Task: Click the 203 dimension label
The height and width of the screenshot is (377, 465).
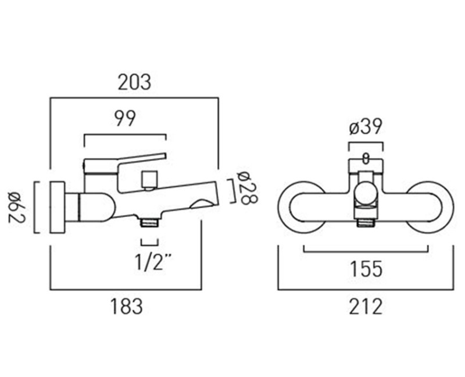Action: pyautogui.click(x=134, y=83)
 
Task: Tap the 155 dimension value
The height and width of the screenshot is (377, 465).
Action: pyautogui.click(x=366, y=269)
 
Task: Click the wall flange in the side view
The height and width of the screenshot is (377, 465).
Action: pyautogui.click(x=57, y=207)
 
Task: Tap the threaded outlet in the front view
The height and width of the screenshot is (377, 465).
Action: pyautogui.click(x=366, y=221)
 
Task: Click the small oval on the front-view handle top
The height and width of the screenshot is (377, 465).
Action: pyautogui.click(x=366, y=157)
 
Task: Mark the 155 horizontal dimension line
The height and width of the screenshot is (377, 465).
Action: pyautogui.click(x=366, y=251)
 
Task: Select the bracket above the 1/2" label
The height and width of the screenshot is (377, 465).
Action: pyautogui.click(x=149, y=243)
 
